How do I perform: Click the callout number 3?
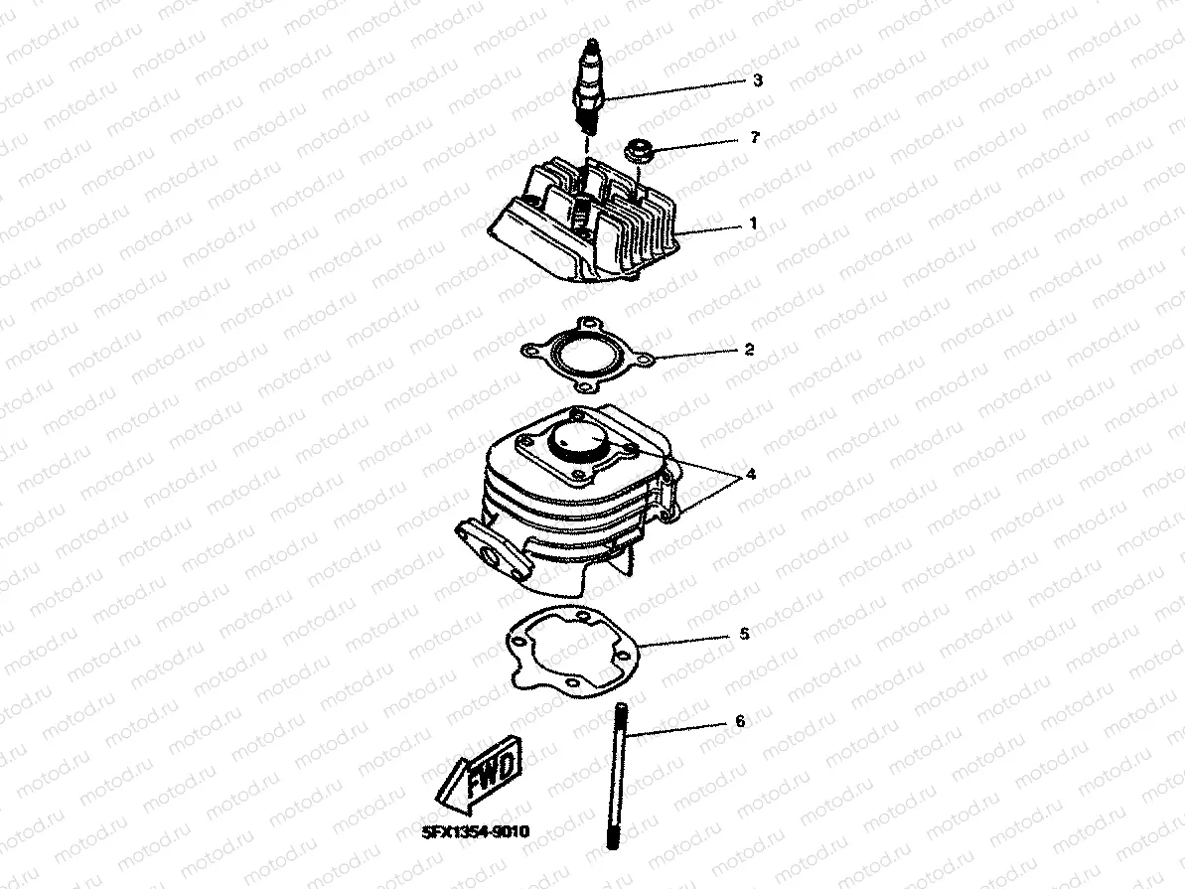[757, 80]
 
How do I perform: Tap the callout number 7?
[754, 138]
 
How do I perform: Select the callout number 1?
[753, 223]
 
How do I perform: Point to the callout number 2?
[749, 350]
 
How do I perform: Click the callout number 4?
[751, 475]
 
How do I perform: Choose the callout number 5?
[744, 634]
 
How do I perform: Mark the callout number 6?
[740, 721]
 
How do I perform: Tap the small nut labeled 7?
[640, 149]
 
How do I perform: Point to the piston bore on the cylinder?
[580, 441]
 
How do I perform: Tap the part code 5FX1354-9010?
[476, 831]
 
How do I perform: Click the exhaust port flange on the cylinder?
[485, 549]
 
